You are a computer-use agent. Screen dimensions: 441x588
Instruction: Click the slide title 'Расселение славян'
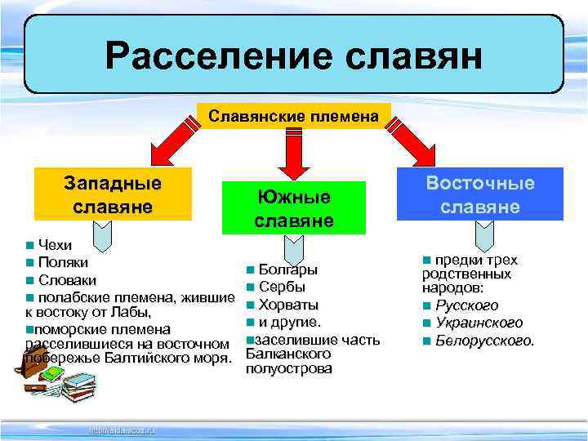pos(293,56)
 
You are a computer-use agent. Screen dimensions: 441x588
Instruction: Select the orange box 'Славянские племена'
pos(294,117)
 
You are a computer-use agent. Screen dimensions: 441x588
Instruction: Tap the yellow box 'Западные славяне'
pos(112,194)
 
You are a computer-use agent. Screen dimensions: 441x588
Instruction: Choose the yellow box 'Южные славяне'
pos(294,208)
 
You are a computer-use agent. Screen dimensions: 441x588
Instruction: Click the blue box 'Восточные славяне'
pos(480,194)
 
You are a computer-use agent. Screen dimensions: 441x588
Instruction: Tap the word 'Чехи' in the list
pos(55,245)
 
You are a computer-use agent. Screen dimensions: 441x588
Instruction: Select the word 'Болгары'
pos(288,269)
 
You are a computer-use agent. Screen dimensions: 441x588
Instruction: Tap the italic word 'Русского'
pos(466,305)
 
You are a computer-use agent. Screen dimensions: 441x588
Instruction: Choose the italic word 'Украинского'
pos(479,323)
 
